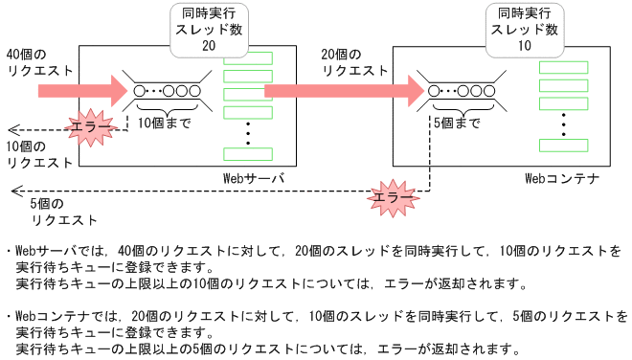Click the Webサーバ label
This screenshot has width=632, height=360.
(252, 179)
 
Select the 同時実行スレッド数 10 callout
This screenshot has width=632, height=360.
(524, 28)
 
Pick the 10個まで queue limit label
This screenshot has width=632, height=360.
(164, 124)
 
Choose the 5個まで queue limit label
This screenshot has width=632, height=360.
(456, 124)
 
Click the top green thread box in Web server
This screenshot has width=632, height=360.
(247, 58)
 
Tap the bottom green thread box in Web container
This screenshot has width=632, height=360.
(562, 145)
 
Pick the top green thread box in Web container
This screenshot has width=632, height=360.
(562, 67)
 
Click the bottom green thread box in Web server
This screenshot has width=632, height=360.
(247, 154)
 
